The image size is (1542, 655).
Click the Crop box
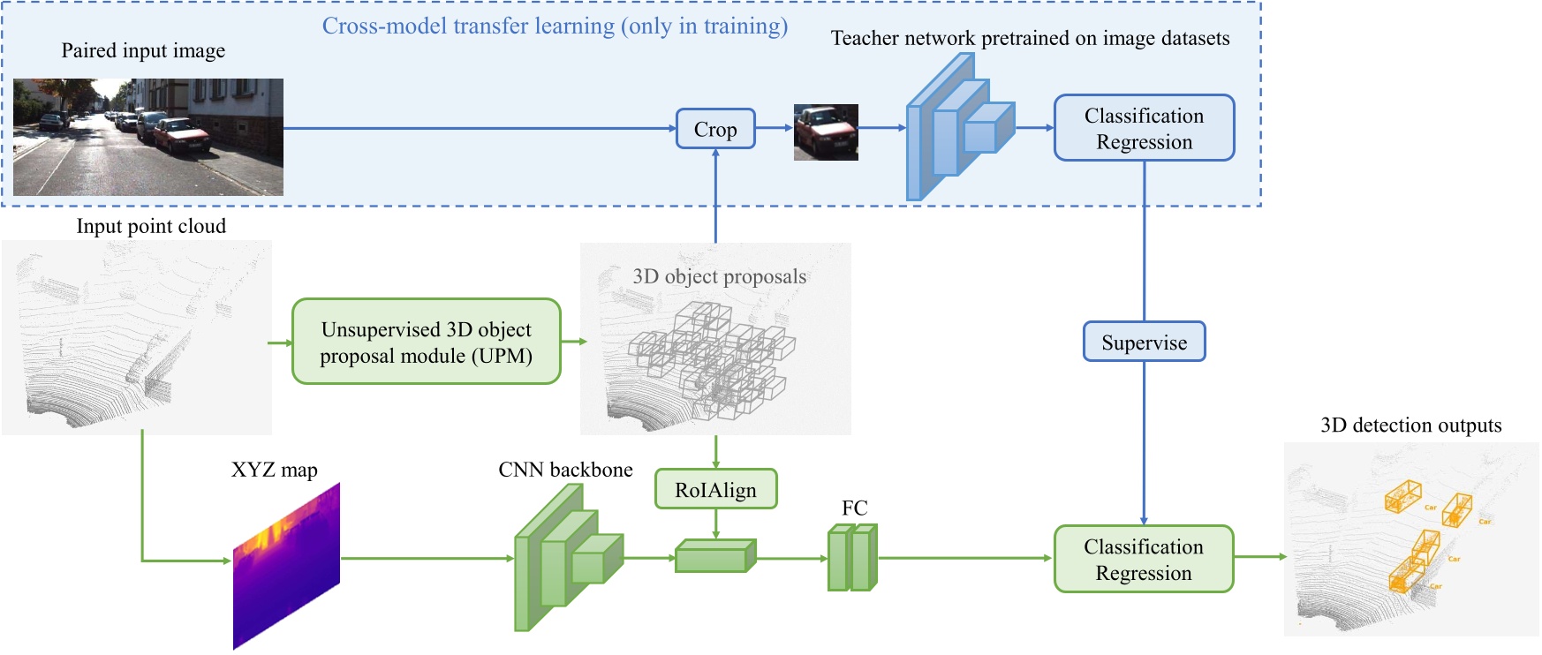click(x=715, y=129)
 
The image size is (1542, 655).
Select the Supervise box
click(x=1144, y=342)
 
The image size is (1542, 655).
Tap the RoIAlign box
click(x=715, y=489)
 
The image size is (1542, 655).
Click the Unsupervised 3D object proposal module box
click(x=426, y=342)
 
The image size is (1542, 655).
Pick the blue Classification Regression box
click(x=1144, y=129)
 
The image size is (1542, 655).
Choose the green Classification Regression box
click(x=1143, y=559)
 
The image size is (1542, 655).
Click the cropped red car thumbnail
click(x=826, y=132)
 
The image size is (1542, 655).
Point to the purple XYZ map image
click(x=286, y=565)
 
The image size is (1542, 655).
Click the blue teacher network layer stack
click(x=958, y=126)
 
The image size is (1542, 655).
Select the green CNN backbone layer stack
click(x=567, y=558)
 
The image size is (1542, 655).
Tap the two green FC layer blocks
click(x=852, y=558)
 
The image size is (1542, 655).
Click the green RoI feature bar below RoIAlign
click(x=715, y=557)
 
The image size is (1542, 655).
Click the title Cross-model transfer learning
click(x=555, y=26)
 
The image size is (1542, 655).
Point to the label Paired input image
click(x=143, y=51)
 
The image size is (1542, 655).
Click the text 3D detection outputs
click(x=1410, y=425)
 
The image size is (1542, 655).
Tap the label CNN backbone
click(x=565, y=470)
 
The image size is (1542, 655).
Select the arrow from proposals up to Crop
click(x=715, y=199)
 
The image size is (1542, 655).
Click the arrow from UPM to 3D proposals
click(x=572, y=342)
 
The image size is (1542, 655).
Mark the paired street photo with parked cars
click(x=148, y=137)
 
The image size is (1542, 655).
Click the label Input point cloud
click(x=151, y=226)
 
